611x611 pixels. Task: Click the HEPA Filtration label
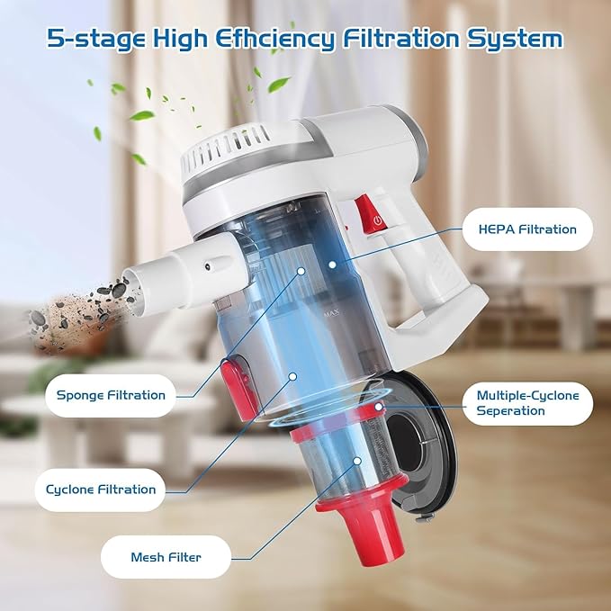[527, 229]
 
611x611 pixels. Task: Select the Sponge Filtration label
[111, 395]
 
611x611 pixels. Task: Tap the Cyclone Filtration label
[101, 490]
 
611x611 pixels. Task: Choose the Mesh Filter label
[166, 557]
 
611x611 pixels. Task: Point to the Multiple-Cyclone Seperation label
[527, 403]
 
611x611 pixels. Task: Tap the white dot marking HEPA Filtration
[332, 265]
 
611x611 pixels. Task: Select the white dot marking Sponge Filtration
[301, 271]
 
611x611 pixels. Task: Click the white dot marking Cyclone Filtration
[292, 376]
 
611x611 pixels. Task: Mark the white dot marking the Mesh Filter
[357, 461]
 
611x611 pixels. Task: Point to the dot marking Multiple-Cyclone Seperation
[378, 407]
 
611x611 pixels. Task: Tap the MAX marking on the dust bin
[331, 312]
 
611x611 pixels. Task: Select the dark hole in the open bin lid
[405, 439]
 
